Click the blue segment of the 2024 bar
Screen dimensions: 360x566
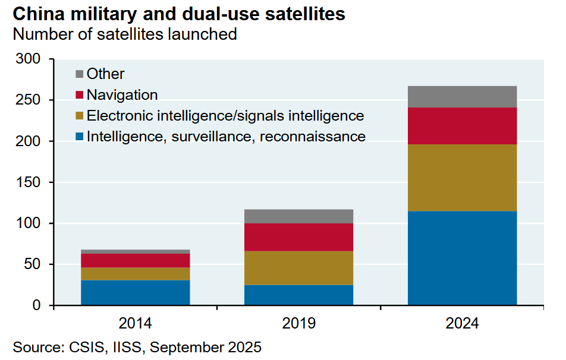click(462, 258)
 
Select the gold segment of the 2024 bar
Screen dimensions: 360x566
click(462, 178)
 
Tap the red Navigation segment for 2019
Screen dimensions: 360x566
click(298, 237)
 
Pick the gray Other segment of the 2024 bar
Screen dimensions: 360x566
click(462, 97)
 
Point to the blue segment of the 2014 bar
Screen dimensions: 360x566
click(136, 292)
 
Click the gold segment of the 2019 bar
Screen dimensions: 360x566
click(298, 268)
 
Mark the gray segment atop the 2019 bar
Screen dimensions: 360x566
click(298, 216)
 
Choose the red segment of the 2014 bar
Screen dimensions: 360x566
click(136, 260)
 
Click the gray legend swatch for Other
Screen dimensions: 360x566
click(80, 74)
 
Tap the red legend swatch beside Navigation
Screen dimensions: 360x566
click(80, 95)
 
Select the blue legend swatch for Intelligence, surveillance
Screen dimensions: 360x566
click(80, 137)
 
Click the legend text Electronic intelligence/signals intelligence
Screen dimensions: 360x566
click(225, 115)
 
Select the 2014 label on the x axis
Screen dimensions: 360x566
click(136, 324)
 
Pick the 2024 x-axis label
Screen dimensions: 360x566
click(462, 324)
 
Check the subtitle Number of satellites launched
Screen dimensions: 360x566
click(124, 34)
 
